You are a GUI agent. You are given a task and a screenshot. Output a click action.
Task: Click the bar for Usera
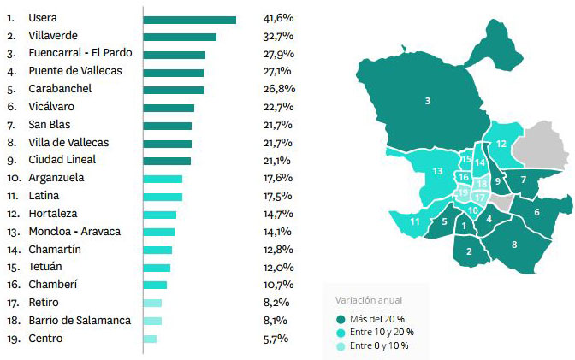(189, 19)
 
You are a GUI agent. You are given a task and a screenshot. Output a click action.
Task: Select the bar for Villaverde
(180, 37)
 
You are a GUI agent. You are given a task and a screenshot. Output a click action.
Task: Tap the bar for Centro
(150, 339)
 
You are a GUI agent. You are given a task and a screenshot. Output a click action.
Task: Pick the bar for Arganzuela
(163, 178)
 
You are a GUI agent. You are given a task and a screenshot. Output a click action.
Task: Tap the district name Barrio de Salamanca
(80, 321)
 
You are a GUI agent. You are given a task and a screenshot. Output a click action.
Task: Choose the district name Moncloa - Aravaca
(74, 231)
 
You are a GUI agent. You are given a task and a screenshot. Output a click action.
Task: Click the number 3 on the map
(427, 102)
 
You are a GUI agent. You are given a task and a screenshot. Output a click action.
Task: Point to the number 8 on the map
(513, 244)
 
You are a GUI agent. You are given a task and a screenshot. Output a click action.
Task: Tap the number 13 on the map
(436, 171)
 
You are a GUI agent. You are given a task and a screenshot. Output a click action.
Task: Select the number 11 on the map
(414, 222)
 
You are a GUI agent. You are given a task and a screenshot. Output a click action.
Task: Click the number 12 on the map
(501, 143)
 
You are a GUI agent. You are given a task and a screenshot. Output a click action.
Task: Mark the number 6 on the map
(536, 212)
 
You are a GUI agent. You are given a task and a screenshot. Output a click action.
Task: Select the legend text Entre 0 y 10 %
(381, 345)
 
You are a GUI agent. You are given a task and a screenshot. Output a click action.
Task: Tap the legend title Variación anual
(368, 300)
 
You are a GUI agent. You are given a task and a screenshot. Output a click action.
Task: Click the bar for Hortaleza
(160, 214)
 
